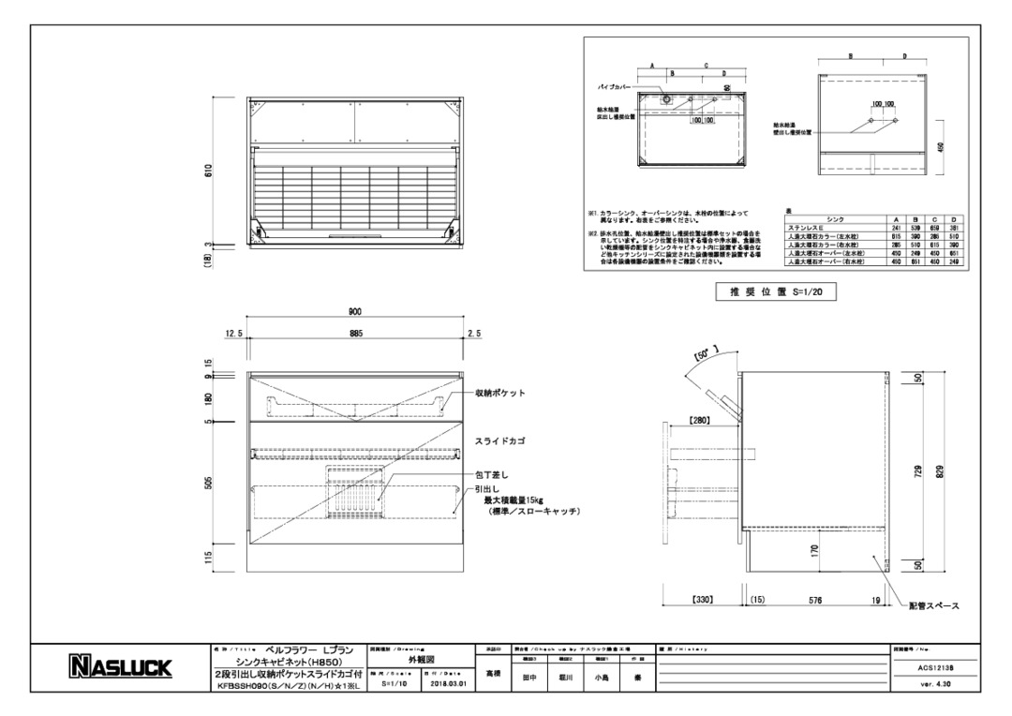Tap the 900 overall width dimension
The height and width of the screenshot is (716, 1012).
[355, 312]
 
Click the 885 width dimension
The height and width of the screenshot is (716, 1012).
[355, 334]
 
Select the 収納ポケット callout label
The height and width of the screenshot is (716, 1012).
[499, 393]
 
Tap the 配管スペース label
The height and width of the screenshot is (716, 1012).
[933, 607]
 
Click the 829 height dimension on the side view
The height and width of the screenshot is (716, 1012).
[940, 471]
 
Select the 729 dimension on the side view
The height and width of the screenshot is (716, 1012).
[919, 471]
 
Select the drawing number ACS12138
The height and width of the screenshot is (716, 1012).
[935, 667]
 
